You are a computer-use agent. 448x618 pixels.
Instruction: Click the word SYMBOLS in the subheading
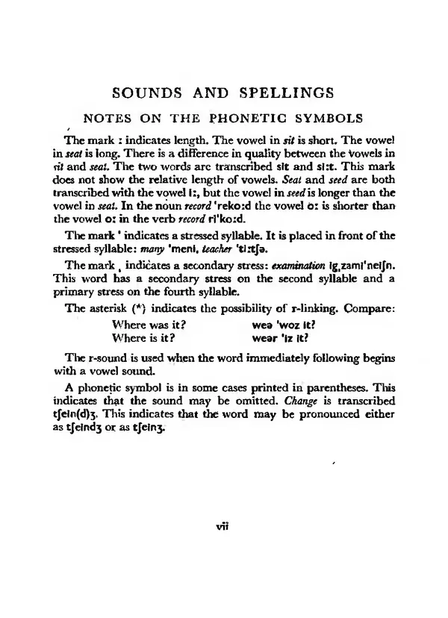[325, 118]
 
